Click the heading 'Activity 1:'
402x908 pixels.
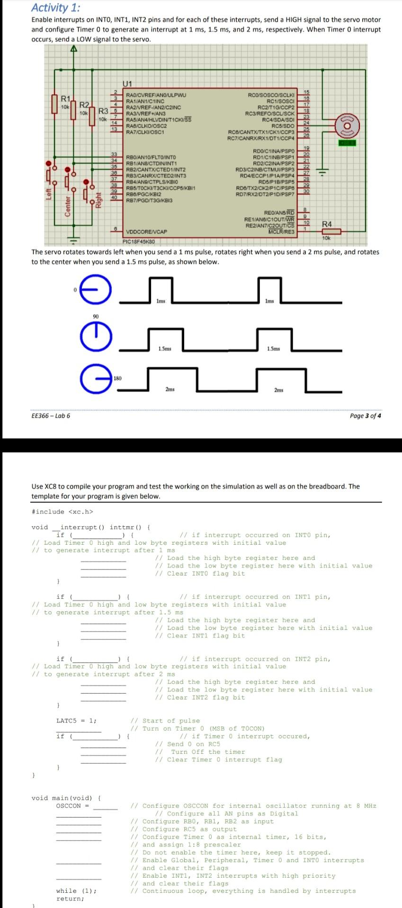55,8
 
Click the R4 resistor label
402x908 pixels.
327,224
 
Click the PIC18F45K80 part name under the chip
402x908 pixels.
139,242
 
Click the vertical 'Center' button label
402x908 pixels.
67,205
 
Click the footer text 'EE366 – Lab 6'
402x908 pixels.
51,416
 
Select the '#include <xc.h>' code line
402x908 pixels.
62,512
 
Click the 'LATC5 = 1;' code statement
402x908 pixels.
76,721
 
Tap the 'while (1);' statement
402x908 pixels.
76,891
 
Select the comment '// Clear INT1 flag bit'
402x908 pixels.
200,636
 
